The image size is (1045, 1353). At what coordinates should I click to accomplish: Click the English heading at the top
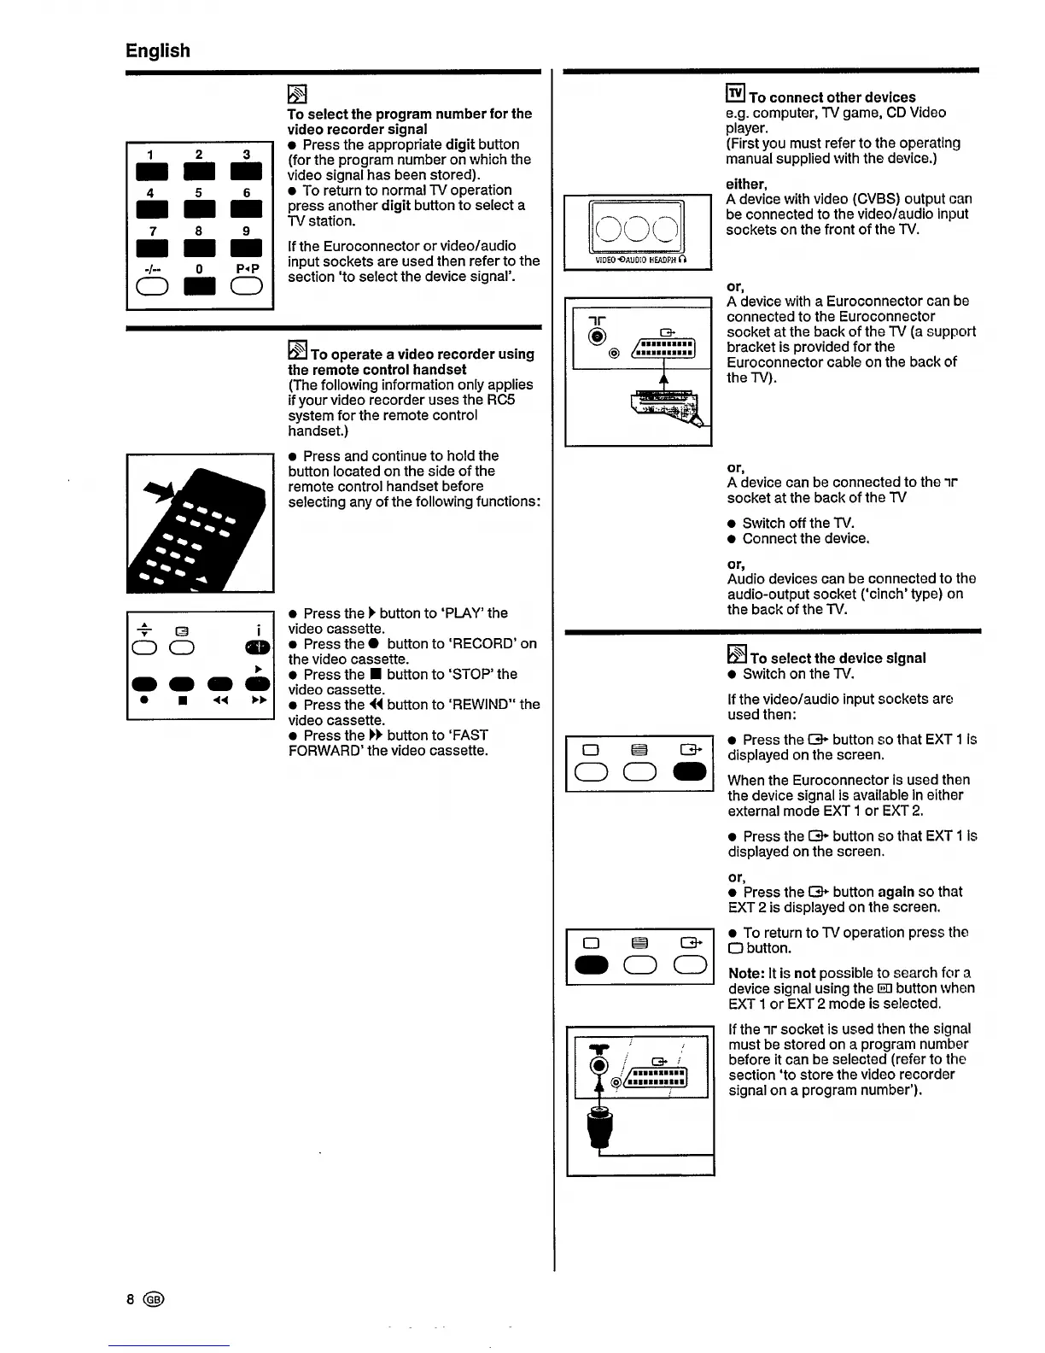[x=158, y=50]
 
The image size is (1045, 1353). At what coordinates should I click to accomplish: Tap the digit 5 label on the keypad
[x=198, y=193]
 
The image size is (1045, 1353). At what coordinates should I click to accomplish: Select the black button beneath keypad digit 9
[x=247, y=249]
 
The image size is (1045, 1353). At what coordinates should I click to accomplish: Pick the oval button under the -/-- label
[x=150, y=288]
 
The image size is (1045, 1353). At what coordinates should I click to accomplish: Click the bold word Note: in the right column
[x=746, y=973]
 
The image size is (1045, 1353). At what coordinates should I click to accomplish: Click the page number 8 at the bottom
[x=131, y=1299]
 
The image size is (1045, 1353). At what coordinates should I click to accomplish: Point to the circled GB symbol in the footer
[x=154, y=1299]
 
